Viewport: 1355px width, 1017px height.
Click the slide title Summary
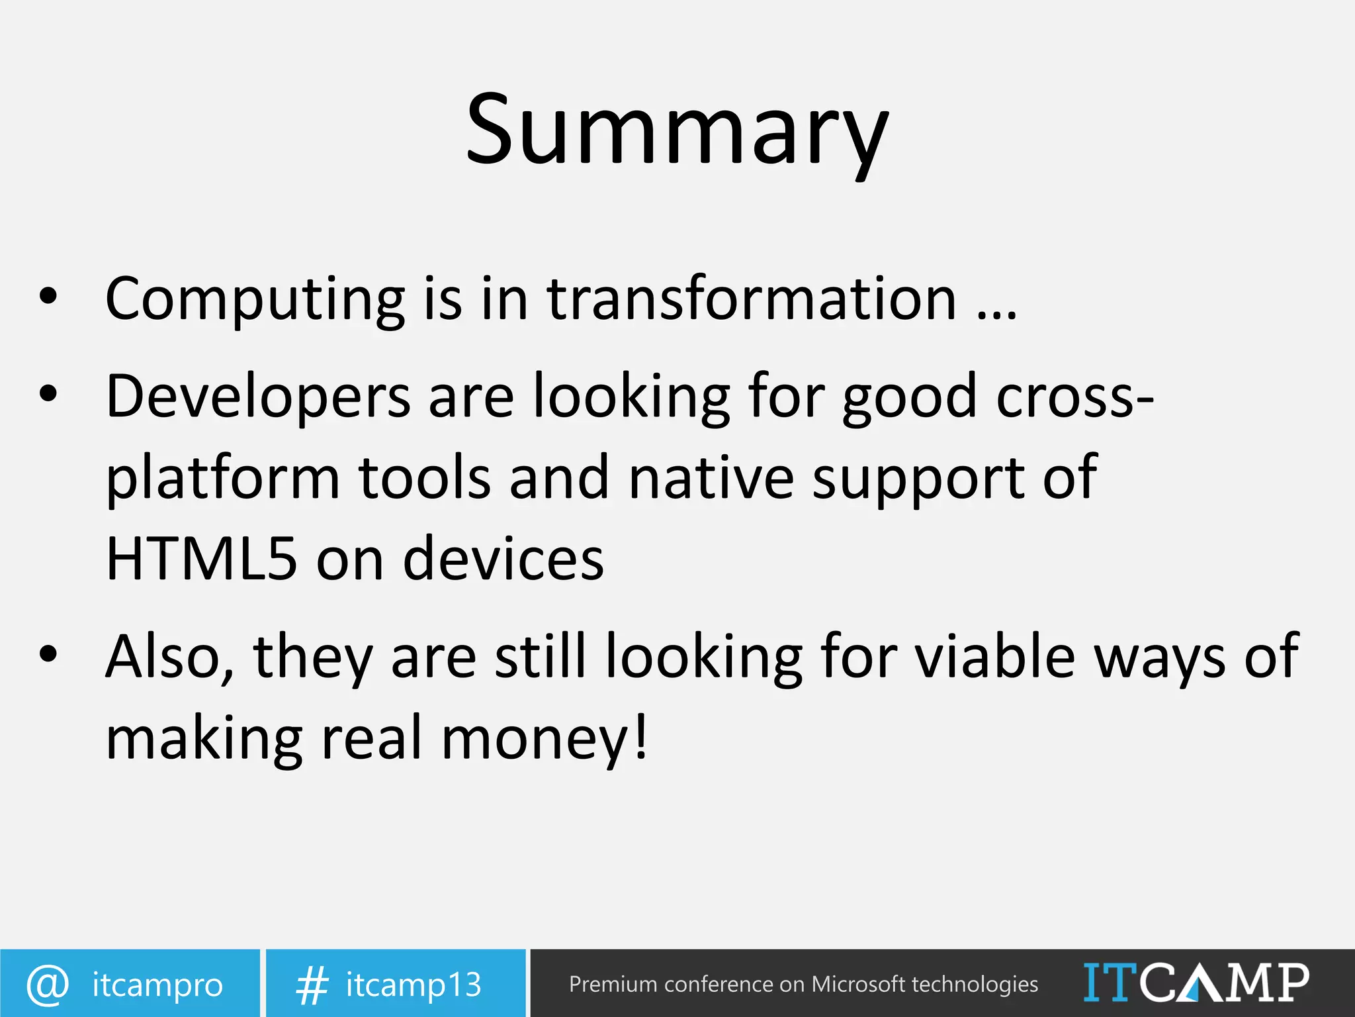click(x=677, y=131)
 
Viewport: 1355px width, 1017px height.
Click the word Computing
click(x=255, y=300)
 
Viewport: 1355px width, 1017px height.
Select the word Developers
click(x=258, y=397)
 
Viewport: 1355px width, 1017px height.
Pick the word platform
click(x=222, y=479)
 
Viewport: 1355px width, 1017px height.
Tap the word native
click(x=711, y=479)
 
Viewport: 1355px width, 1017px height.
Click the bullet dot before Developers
click(x=48, y=394)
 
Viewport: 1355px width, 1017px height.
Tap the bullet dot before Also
click(x=48, y=654)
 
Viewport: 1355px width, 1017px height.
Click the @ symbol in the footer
click(x=48, y=985)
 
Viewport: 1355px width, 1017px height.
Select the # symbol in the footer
click(x=312, y=985)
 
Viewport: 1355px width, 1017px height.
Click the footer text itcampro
click(x=157, y=985)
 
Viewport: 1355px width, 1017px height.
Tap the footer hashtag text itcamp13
click(x=414, y=985)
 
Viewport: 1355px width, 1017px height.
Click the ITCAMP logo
click(x=1196, y=983)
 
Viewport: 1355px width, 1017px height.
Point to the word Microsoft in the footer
click(x=858, y=985)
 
